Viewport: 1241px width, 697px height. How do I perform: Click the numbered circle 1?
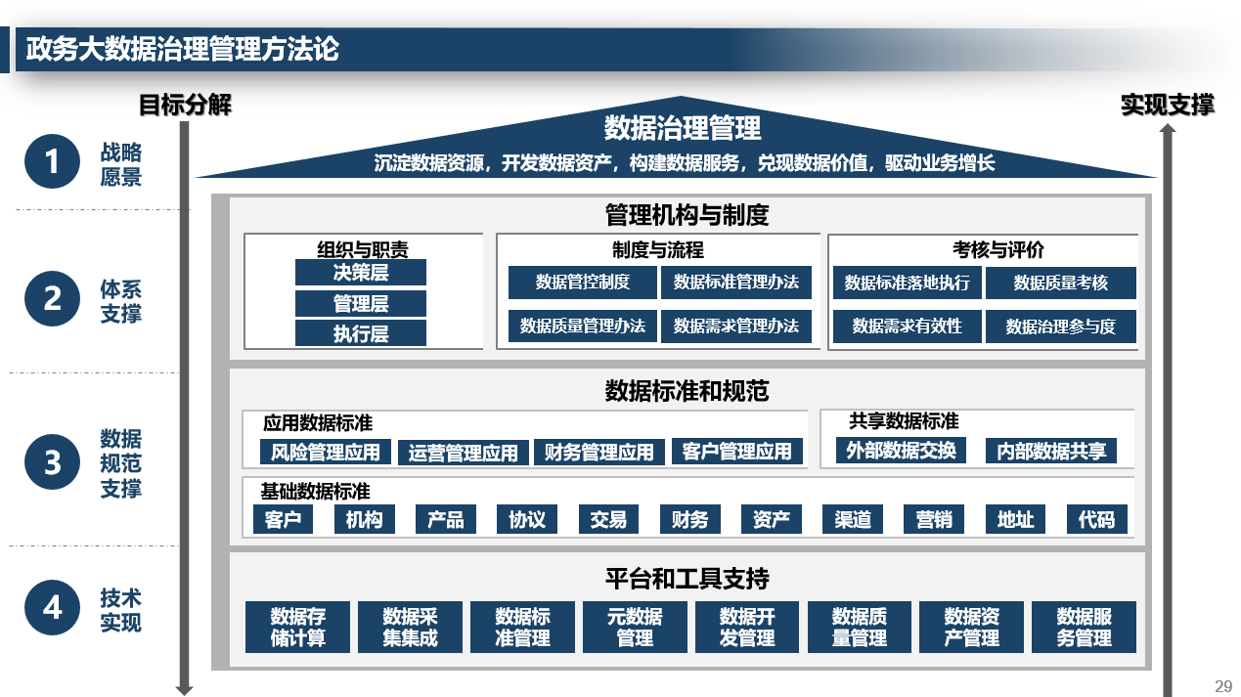(52, 161)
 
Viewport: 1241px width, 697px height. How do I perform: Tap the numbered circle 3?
(52, 461)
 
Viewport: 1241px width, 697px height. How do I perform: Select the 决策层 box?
(361, 273)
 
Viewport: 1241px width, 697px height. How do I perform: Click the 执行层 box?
(361, 333)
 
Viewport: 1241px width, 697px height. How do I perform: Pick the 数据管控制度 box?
(582, 283)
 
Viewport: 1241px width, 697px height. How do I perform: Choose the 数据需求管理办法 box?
(735, 327)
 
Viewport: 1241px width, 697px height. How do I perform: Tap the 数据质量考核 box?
(1060, 283)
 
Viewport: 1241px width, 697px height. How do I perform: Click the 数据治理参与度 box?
(1060, 327)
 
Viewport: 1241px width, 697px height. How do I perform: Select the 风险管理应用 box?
(326, 453)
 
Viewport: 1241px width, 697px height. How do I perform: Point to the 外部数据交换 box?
(901, 450)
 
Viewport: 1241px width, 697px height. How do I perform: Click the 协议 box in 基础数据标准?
(527, 519)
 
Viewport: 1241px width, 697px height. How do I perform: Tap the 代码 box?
(1097, 519)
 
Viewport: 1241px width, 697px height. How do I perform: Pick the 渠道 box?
(853, 519)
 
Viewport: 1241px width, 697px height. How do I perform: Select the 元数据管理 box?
(635, 627)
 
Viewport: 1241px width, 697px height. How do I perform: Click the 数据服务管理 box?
(1084, 627)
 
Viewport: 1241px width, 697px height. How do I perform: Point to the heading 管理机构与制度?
(687, 215)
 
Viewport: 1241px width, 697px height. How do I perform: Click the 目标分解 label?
(185, 105)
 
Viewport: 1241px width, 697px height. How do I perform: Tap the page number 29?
(1223, 686)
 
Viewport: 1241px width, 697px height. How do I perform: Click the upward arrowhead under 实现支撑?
(1168, 128)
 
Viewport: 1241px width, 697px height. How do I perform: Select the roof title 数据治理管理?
(682, 128)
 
